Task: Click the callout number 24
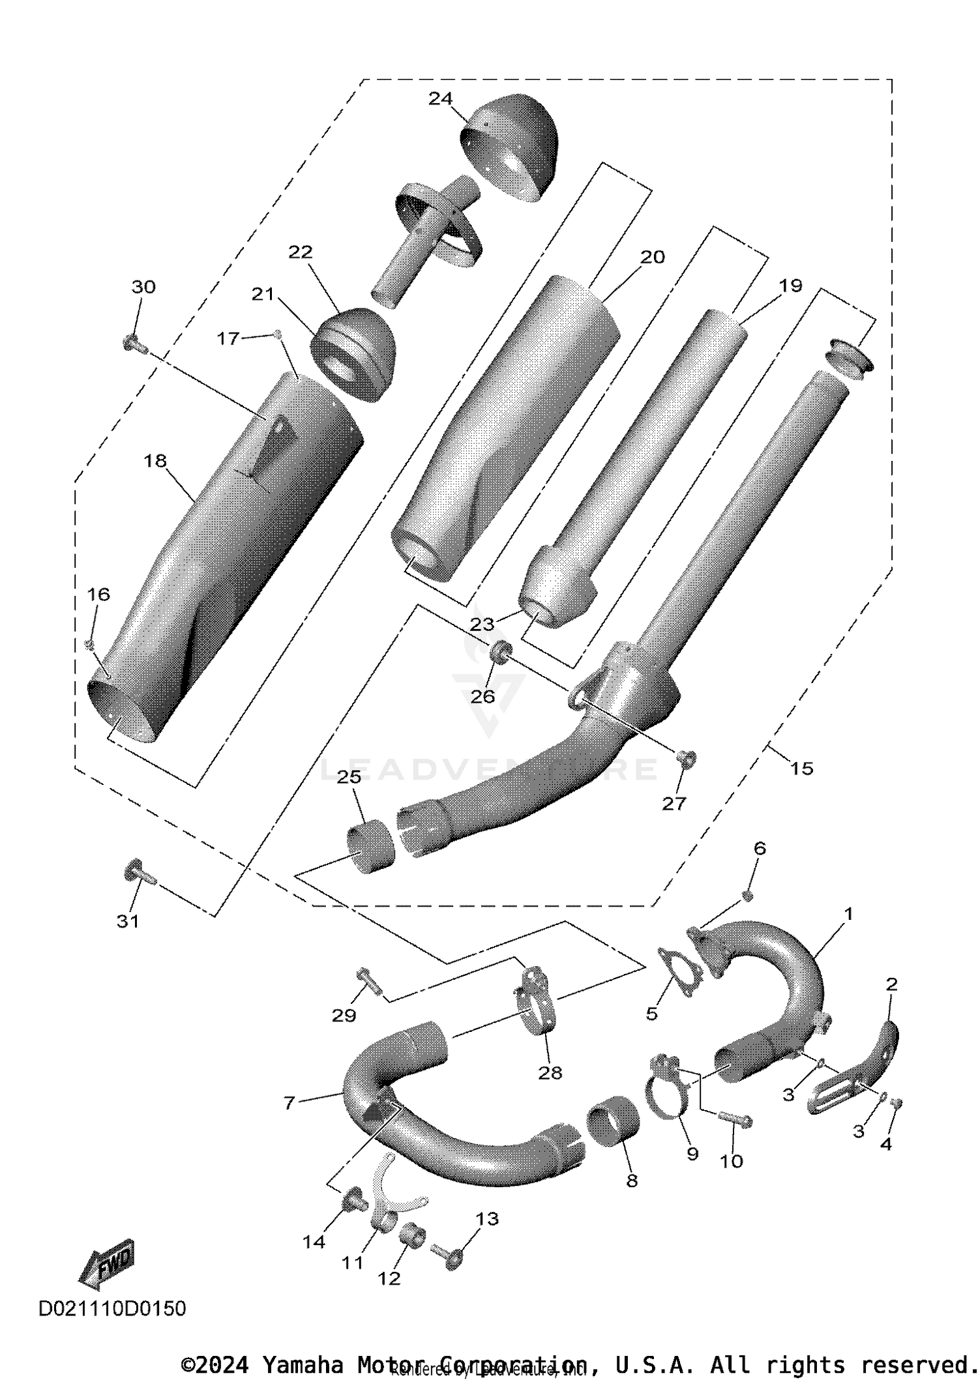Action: (x=440, y=98)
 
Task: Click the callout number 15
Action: (x=801, y=769)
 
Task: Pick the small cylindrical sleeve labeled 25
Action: (x=370, y=847)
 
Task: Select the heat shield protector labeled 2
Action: (x=854, y=1072)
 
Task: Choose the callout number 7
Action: (x=289, y=1102)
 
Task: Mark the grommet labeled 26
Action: (x=500, y=652)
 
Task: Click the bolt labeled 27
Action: (x=686, y=758)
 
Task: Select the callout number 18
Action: (x=155, y=461)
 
